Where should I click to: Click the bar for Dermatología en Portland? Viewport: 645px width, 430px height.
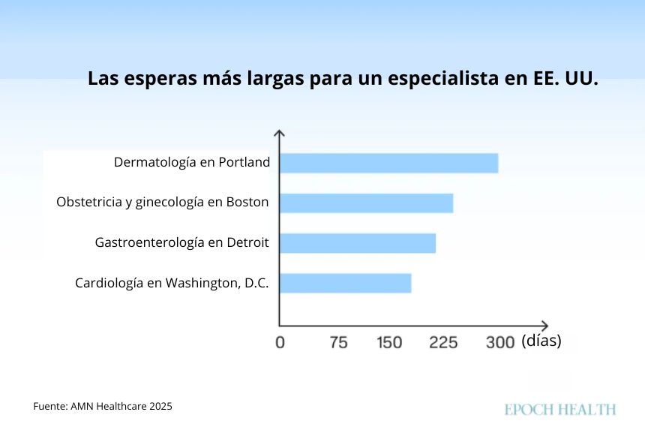point(388,163)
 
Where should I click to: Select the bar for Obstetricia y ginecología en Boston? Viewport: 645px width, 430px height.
point(366,203)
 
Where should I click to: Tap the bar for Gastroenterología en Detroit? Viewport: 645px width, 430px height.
point(357,243)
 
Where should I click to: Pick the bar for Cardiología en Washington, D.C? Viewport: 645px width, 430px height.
point(345,283)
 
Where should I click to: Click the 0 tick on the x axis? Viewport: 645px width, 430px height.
point(280,342)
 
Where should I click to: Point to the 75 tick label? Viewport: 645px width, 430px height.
point(338,342)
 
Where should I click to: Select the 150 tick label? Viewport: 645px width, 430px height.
point(389,342)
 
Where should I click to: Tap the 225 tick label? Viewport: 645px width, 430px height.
point(443,342)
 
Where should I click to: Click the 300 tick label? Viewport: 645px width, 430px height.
point(499,342)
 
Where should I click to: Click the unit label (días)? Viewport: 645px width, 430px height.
point(541,341)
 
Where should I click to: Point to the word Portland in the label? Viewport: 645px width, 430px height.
point(244,162)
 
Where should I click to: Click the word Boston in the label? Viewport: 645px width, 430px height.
point(247,203)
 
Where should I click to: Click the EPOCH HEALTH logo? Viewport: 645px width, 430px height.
point(560,409)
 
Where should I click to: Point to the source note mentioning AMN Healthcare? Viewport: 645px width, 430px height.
point(103,406)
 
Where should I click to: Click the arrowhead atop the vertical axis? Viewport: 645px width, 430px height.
point(279,133)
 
